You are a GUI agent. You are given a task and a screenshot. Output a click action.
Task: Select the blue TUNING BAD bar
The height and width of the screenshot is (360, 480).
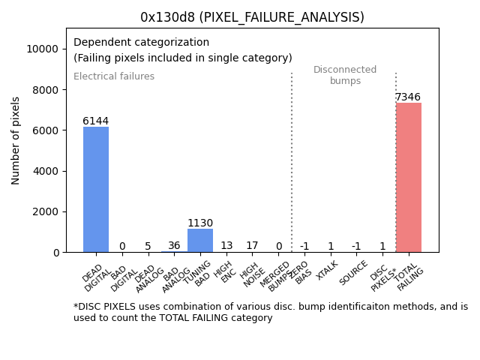tap(200, 240)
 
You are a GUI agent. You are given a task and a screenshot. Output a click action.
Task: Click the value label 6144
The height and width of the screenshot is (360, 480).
tap(96, 121)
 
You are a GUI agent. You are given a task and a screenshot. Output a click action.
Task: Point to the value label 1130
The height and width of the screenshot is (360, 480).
tap(200, 223)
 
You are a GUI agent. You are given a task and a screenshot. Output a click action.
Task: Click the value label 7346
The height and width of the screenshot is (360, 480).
tap(408, 97)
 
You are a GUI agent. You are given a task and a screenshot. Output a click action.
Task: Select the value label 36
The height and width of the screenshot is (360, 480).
tap(174, 245)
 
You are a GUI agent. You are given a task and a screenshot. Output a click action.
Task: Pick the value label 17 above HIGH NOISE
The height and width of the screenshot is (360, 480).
tap(252, 245)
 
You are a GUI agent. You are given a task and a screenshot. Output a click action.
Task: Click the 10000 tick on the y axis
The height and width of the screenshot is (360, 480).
tap(44, 49)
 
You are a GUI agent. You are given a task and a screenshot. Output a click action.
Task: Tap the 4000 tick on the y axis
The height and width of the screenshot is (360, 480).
tap(47, 171)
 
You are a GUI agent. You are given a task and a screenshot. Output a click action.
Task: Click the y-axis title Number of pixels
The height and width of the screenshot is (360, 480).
tap(16, 140)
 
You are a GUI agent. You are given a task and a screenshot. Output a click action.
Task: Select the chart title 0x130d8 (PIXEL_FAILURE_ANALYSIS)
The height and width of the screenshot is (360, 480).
tap(252, 17)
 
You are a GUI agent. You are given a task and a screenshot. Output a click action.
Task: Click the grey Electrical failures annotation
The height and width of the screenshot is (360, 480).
tap(114, 76)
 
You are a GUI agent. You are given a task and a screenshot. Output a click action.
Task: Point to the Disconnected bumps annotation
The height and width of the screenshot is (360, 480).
tap(345, 75)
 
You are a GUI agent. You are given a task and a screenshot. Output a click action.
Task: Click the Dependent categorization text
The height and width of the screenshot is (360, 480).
tap(141, 42)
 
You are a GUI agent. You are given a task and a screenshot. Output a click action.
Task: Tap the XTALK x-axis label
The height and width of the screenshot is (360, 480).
tap(328, 270)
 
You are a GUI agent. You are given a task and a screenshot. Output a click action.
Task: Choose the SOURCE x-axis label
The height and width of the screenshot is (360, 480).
tap(353, 272)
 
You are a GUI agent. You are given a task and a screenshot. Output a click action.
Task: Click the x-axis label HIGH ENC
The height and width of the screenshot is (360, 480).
tap(224, 271)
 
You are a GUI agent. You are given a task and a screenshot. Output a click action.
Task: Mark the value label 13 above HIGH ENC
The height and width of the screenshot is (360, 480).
tap(226, 245)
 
